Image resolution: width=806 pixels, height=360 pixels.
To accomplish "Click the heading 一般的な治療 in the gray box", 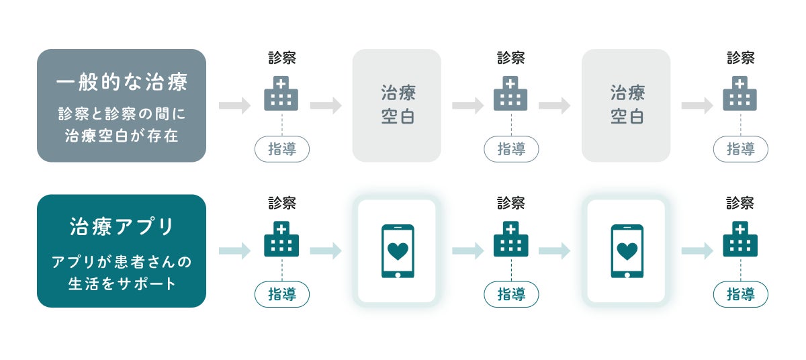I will click(x=121, y=83).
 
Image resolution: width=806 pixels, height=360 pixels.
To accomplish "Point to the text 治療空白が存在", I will click(x=121, y=136).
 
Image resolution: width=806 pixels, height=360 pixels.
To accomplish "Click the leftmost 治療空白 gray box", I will click(x=397, y=105).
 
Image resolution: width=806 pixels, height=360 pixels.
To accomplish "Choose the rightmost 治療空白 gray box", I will click(x=626, y=105).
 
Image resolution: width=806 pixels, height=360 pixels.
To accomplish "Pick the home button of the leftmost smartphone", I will click(x=398, y=273).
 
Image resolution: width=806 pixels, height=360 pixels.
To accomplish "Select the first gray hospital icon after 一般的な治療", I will click(x=281, y=95).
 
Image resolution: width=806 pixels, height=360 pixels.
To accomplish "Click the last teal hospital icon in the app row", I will click(x=740, y=240).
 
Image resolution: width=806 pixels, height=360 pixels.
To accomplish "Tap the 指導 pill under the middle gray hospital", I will click(x=511, y=149).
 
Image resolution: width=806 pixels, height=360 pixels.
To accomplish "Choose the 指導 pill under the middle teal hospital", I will click(x=511, y=294).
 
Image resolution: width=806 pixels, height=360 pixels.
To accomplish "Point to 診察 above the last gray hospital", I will click(x=740, y=58).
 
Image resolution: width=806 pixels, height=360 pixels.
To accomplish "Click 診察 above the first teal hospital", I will click(x=282, y=203).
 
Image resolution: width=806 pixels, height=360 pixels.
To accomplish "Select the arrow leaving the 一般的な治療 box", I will click(x=234, y=105).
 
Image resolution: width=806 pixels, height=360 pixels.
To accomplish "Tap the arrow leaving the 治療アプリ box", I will click(x=234, y=251).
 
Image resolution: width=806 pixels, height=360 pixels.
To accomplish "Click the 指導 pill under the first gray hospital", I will click(x=282, y=149).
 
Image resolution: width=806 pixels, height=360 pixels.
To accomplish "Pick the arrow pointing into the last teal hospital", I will click(x=697, y=251).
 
